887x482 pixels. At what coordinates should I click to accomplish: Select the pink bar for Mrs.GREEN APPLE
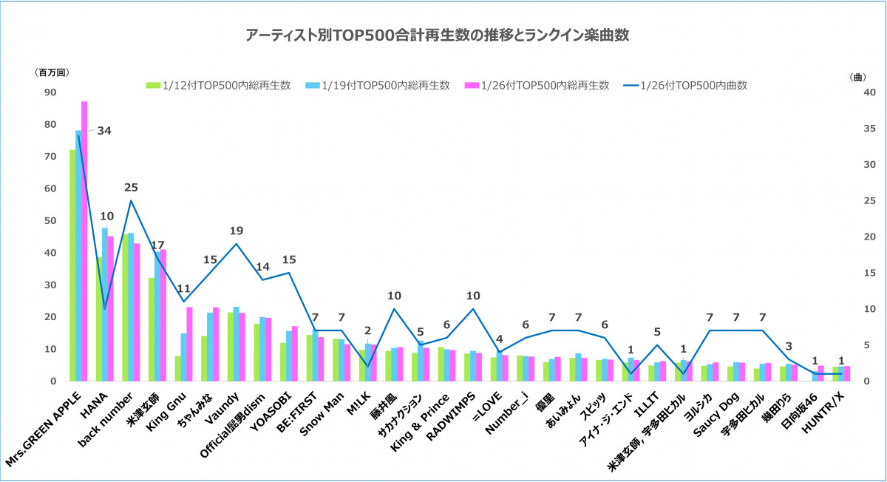pos(84,240)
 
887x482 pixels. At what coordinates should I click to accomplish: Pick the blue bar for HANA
pos(105,304)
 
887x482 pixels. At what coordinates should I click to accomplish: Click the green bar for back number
pos(125,307)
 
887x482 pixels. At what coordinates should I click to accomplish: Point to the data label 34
pos(103,132)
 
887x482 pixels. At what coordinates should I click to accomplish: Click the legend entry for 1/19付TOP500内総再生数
pos(378,85)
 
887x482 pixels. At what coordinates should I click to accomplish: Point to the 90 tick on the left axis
pos(50,92)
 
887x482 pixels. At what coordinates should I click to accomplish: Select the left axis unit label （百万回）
pos(51,72)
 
